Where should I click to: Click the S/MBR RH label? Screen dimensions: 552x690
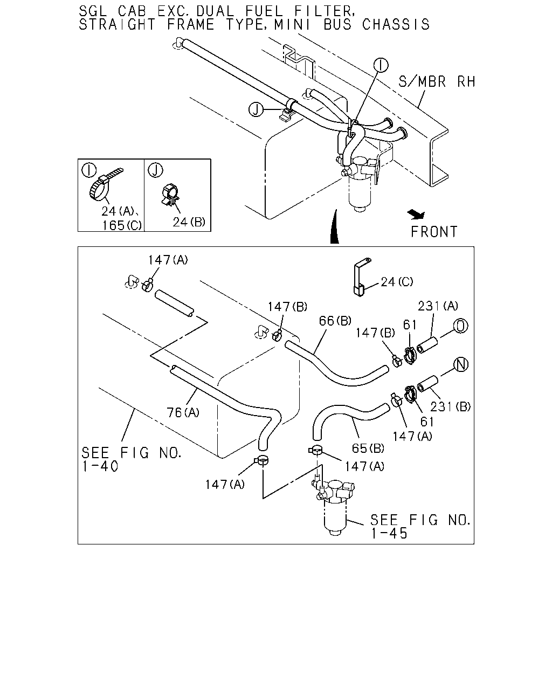point(437,82)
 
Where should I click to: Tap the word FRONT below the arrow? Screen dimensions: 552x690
point(434,232)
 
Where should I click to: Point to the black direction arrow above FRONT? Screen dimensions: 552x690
point(416,214)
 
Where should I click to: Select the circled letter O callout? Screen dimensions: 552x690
point(460,326)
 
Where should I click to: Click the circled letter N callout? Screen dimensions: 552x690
point(461,364)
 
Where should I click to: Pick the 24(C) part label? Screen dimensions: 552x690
point(397,282)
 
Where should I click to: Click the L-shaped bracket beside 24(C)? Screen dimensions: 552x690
point(361,277)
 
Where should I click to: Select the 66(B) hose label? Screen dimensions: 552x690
point(335,321)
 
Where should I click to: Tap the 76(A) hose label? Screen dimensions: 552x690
point(183,412)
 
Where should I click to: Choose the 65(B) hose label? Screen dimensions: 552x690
point(368,448)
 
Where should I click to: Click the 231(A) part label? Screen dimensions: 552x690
point(438,306)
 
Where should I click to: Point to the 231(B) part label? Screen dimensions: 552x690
point(450,407)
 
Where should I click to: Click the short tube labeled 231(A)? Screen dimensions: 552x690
point(427,345)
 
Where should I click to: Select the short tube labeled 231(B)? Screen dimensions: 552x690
point(427,384)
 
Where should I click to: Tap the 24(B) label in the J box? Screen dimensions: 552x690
point(189,222)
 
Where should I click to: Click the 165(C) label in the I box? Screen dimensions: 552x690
point(122,225)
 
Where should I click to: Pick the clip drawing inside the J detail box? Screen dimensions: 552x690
point(170,195)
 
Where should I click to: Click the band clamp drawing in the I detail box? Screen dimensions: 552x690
point(103,185)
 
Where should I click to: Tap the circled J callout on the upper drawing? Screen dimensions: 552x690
point(256,109)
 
